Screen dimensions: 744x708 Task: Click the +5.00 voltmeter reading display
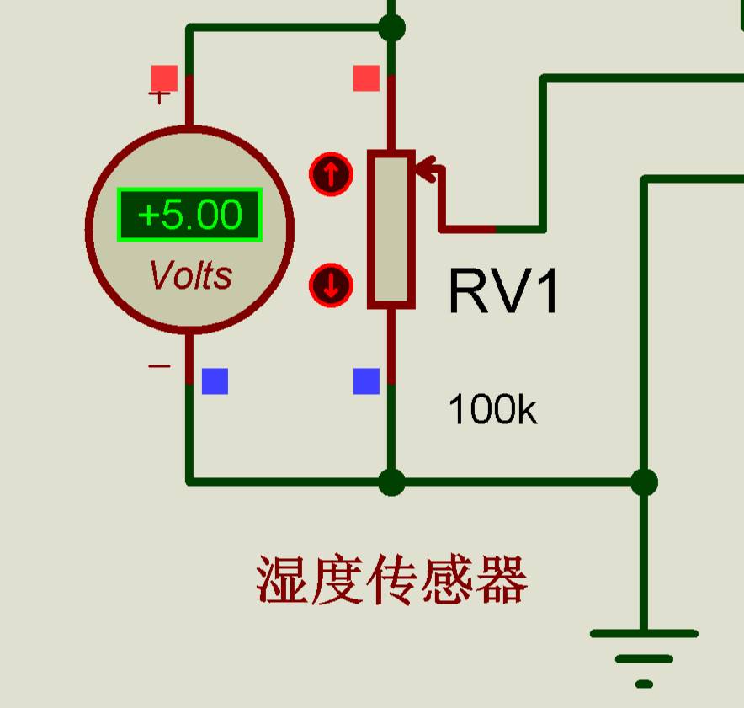(189, 215)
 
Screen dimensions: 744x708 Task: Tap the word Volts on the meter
(191, 275)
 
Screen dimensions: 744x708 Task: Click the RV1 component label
(503, 291)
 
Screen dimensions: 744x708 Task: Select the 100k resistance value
(492, 409)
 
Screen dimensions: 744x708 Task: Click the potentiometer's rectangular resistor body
(391, 229)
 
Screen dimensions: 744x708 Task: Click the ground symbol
(644, 658)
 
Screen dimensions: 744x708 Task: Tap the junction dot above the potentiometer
(392, 28)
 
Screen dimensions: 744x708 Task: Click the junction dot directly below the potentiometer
(392, 482)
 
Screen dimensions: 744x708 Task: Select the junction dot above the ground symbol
(645, 482)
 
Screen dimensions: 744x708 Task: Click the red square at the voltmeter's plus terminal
(165, 77)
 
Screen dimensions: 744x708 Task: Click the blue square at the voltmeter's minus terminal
(215, 381)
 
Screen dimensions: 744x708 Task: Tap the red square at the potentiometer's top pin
(367, 77)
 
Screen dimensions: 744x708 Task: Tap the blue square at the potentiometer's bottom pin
(367, 381)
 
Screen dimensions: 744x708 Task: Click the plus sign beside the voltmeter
(159, 96)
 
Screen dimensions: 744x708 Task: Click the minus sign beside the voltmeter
(159, 366)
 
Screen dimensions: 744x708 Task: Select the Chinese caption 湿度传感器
(392, 579)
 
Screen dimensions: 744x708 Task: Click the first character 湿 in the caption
(282, 579)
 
